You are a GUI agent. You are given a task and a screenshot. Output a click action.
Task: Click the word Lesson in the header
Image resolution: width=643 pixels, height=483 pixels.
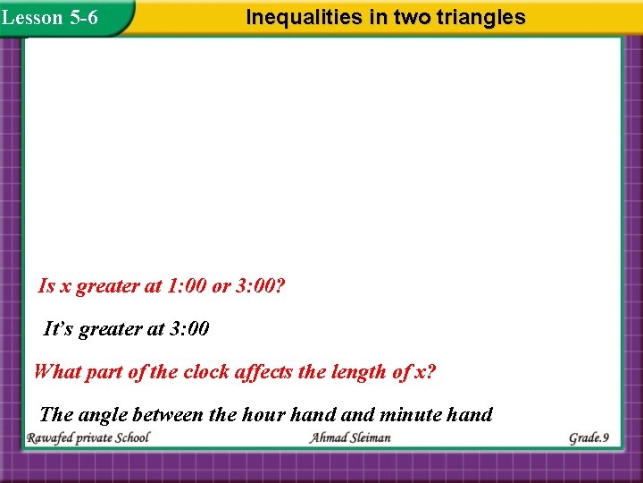click(x=32, y=17)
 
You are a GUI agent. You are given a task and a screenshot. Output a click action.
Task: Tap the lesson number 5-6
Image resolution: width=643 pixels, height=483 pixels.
click(x=83, y=17)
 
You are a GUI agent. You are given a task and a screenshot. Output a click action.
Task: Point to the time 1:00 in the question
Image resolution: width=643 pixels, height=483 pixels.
click(x=187, y=286)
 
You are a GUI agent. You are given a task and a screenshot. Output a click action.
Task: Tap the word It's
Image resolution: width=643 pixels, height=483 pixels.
click(x=60, y=329)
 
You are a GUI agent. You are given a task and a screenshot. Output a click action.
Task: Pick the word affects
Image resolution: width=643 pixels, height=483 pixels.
click(x=267, y=372)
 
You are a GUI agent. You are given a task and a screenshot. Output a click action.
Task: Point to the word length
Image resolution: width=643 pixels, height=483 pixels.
click(x=365, y=372)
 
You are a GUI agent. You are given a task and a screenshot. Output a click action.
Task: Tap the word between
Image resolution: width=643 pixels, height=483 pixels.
click(x=171, y=414)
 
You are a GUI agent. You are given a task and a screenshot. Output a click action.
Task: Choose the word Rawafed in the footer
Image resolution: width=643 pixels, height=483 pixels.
click(x=53, y=438)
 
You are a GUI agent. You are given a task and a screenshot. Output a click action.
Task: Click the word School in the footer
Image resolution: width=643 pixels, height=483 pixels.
click(x=129, y=438)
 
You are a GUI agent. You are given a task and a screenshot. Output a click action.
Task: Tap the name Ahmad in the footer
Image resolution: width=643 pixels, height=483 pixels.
click(x=329, y=438)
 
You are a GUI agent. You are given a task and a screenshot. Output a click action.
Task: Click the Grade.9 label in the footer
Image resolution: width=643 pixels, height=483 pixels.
click(x=589, y=438)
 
